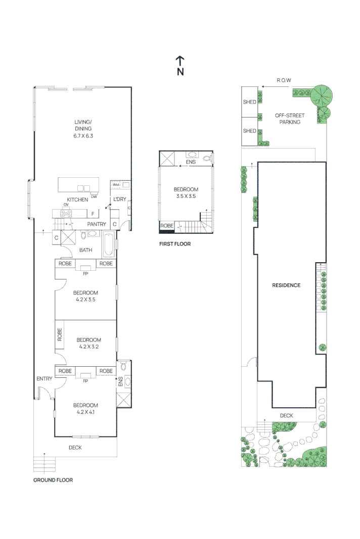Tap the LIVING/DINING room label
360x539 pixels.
83,125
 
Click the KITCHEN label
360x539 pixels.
77,200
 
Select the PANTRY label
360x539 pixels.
97,224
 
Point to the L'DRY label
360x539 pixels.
120,200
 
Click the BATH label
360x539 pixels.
85,250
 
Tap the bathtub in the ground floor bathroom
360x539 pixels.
109,244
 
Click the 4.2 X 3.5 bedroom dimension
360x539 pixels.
85,300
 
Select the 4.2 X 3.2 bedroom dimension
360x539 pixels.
89,347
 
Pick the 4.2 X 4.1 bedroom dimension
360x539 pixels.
85,412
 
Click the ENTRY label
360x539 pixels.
44,379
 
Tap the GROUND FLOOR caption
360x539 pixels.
53,480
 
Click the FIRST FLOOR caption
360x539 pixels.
175,244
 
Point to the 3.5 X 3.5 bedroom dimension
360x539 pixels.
186,197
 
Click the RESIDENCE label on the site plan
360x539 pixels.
286,285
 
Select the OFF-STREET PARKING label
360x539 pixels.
290,119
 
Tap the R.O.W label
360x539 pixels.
284,80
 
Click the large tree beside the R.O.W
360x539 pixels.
322,95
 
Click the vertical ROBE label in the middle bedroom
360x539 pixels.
60,334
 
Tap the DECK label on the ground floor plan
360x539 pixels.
75,448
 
